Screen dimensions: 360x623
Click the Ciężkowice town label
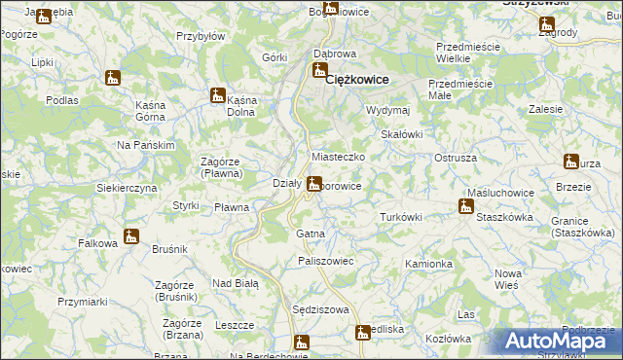[356, 79]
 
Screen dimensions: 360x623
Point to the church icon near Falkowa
[131, 236]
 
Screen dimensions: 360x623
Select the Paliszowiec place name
[325, 262]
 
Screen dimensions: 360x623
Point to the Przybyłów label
[201, 36]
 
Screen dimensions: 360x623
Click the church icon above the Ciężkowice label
[318, 70]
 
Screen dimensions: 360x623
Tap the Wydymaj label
[387, 110]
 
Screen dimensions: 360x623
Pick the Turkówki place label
[400, 217]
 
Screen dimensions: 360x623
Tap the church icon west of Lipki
[114, 77]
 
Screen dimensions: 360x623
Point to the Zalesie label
[546, 110]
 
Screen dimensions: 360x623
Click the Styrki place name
[186, 205]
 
